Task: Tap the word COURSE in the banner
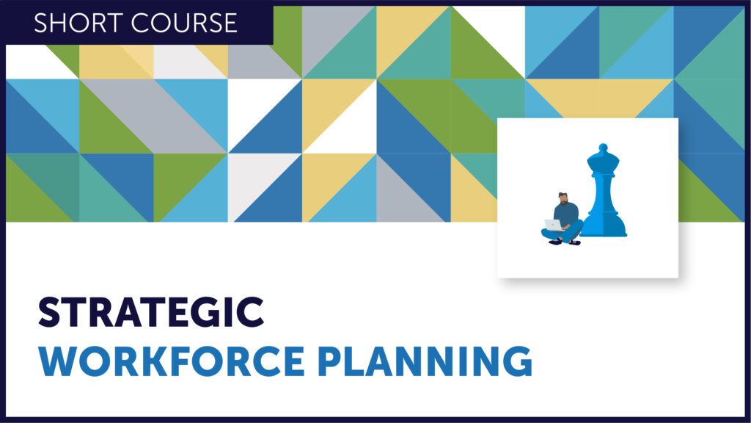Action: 184,23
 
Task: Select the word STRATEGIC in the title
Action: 151,312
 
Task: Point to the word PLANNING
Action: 425,361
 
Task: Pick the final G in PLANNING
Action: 517,361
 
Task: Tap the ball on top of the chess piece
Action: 604,148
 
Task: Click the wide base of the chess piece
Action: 604,230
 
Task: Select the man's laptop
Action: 554,225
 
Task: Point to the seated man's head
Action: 564,198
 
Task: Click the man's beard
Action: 565,202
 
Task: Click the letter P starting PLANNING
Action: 330,361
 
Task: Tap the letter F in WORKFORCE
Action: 180,361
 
